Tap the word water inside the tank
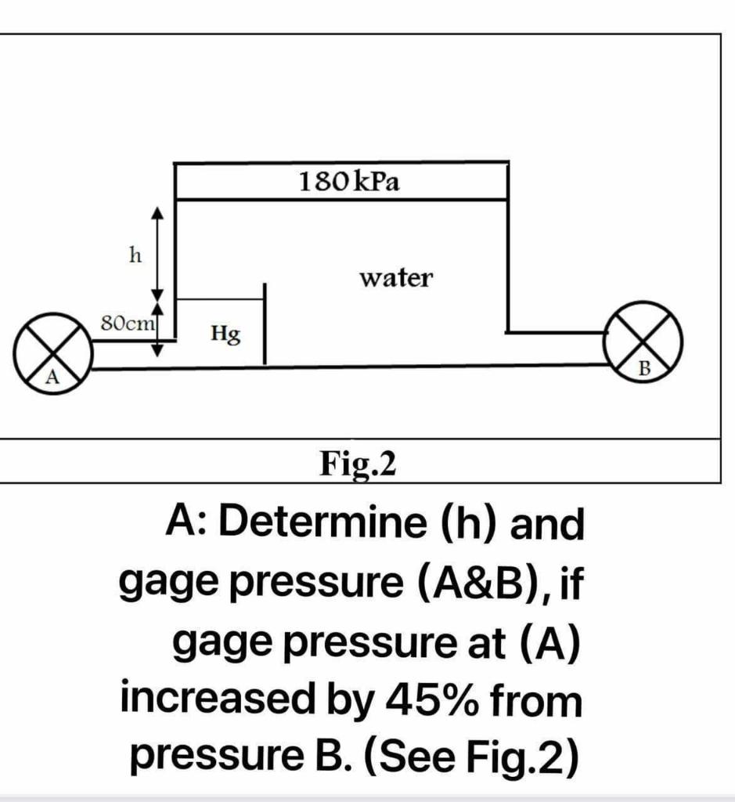coord(395,277)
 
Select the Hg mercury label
coord(225,335)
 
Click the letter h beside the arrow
coord(135,255)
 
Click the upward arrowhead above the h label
coord(158,212)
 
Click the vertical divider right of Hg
coord(265,324)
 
